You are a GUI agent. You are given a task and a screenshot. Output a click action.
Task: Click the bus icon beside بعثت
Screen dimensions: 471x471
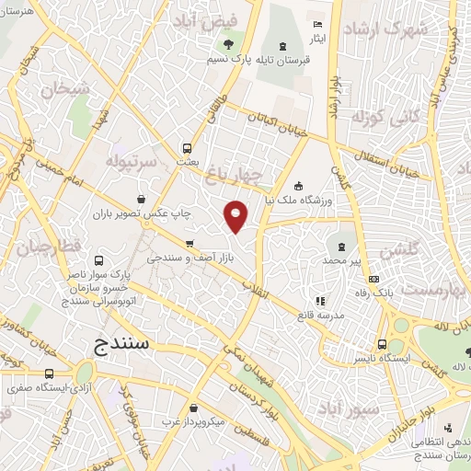pos(188,147)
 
